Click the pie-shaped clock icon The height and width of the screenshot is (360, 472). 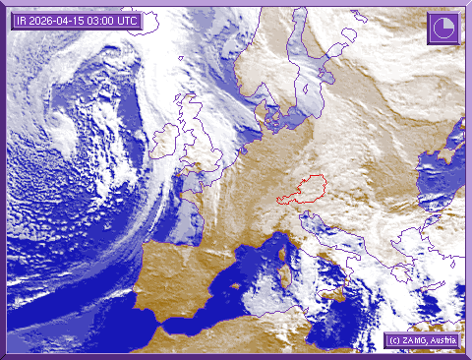(442, 29)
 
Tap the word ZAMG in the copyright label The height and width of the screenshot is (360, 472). (415, 340)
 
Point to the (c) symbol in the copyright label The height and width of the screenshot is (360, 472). (393, 340)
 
